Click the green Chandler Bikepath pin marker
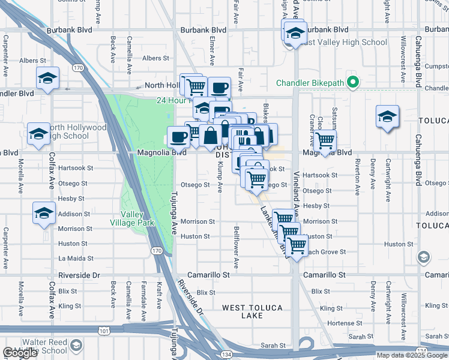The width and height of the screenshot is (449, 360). pyautogui.click(x=354, y=83)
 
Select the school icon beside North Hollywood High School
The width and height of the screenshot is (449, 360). pyautogui.click(x=38, y=134)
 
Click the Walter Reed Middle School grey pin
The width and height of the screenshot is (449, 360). pyautogui.click(x=76, y=346)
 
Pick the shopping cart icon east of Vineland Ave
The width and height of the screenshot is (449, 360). pyautogui.click(x=325, y=142)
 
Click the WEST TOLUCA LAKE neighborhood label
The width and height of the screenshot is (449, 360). pyautogui.click(x=252, y=311)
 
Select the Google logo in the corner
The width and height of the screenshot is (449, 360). pyautogui.click(x=20, y=353)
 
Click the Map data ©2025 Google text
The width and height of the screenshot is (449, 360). pyautogui.click(x=412, y=355)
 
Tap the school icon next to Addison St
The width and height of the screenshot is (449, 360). pyautogui.click(x=44, y=214)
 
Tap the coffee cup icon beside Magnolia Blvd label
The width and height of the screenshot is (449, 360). pyautogui.click(x=178, y=137)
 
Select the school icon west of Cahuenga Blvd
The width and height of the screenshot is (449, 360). pyautogui.click(x=387, y=116)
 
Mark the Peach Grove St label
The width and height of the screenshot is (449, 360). pyautogui.click(x=328, y=252)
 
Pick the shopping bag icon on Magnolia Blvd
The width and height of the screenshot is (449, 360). pyautogui.click(x=211, y=136)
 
